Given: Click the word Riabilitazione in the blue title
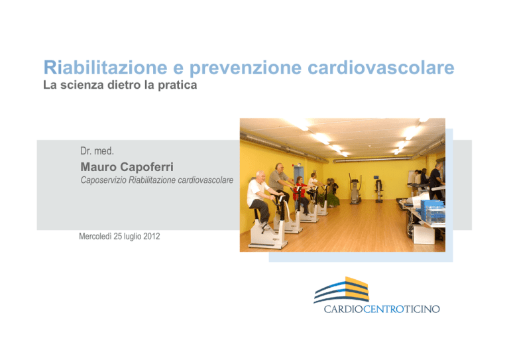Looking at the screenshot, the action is [x=105, y=68].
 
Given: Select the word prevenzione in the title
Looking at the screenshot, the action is [x=245, y=68].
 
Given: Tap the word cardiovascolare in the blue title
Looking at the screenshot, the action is [x=381, y=68].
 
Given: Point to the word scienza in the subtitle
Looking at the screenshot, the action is [x=82, y=85].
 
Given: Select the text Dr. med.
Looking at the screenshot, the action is [x=97, y=151].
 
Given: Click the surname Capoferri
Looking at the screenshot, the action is [x=146, y=167].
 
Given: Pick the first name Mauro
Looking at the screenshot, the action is [x=98, y=167].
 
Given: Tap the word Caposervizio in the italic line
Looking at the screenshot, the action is [x=103, y=180].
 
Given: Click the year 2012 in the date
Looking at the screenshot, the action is [x=152, y=236].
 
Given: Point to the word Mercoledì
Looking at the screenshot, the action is [x=95, y=236].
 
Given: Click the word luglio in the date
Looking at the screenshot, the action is [x=133, y=237].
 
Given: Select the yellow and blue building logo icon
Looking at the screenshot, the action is [x=341, y=290].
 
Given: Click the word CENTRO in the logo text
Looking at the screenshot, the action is [x=383, y=309].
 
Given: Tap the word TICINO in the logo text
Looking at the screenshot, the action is [x=422, y=309].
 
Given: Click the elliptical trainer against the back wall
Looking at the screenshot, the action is [x=355, y=189].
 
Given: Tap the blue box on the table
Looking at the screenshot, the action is [x=433, y=211].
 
